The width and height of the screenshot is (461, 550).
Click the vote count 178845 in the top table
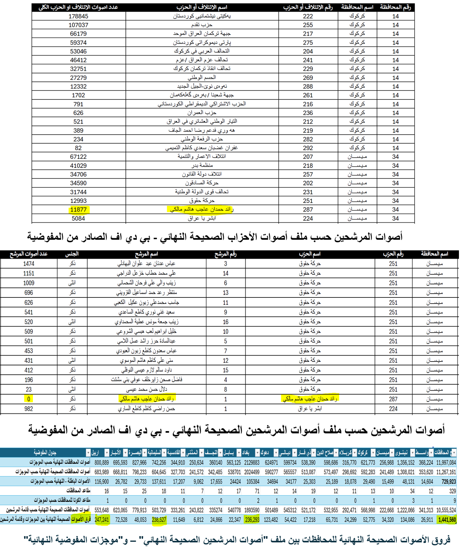point(78,16)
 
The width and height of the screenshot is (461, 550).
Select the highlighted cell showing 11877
point(78,209)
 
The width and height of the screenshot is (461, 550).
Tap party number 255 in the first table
point(308,25)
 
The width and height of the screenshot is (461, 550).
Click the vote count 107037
point(78,25)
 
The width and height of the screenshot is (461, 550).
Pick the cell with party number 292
point(308,148)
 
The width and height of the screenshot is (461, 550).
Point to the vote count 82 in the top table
point(78,148)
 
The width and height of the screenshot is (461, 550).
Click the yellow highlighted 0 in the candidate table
point(28,399)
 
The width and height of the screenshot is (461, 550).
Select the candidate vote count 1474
point(28,264)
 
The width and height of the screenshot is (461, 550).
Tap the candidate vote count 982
point(28,408)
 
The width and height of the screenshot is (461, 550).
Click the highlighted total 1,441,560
point(447,520)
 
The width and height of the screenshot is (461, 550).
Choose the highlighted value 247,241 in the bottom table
point(102,520)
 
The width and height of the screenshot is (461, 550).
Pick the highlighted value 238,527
point(159,520)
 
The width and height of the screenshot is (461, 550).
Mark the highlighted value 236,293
point(252,520)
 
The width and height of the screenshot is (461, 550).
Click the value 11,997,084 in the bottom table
point(446,462)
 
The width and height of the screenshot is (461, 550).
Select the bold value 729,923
point(449,481)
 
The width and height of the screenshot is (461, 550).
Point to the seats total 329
point(452,491)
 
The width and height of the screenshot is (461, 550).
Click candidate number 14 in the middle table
point(225,273)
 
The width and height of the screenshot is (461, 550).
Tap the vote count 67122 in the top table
point(78,157)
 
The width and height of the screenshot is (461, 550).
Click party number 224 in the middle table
point(393,408)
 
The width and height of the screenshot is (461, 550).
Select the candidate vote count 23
point(28,389)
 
